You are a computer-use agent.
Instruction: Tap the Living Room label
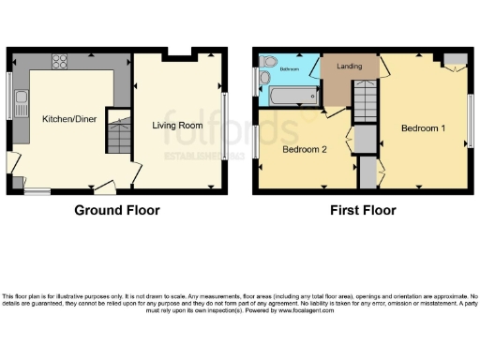[178, 126]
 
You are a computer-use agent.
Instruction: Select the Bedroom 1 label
[423, 127]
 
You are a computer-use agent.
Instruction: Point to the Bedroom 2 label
[305, 149]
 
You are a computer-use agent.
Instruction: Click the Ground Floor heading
[117, 210]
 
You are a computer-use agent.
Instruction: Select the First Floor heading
[363, 210]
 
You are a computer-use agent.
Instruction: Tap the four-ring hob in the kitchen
[60, 63]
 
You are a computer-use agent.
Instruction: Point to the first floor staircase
[364, 99]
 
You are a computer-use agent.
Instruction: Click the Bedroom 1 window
[469, 119]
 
